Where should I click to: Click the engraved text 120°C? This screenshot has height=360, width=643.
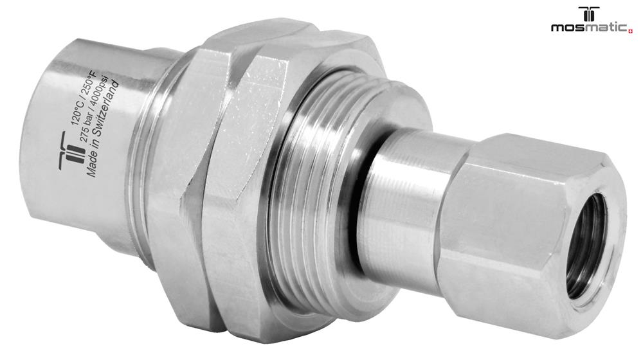(x=76, y=113)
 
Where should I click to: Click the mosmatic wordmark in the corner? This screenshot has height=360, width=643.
(x=589, y=28)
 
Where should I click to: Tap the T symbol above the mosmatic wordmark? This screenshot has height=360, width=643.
(x=589, y=14)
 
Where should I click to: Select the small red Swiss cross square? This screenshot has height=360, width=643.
(x=630, y=30)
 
